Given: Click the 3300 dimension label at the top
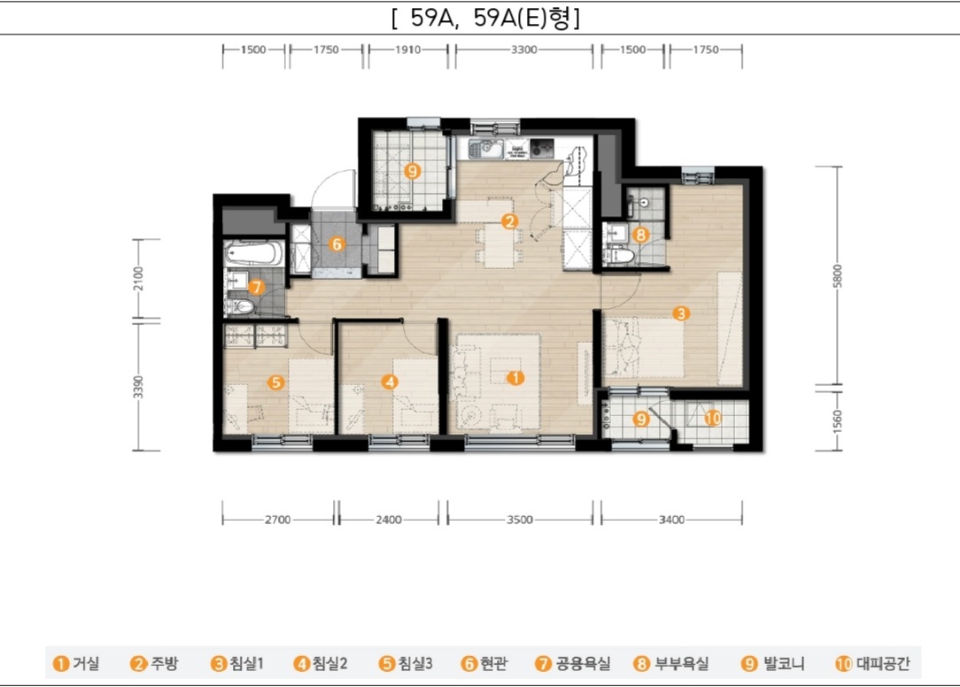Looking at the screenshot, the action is [524, 50].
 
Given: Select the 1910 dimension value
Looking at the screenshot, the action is [407, 50].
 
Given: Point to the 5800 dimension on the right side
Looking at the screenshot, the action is [838, 275].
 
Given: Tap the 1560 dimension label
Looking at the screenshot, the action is [838, 421].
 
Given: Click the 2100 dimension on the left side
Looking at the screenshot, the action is [138, 279].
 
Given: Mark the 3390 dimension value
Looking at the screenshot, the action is [138, 387].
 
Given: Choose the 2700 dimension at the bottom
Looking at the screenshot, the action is [277, 520].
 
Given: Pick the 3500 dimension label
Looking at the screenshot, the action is [519, 520].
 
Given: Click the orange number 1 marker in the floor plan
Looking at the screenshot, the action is [515, 378].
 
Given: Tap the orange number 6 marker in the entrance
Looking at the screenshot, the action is [337, 244].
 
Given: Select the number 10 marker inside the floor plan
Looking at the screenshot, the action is [713, 418].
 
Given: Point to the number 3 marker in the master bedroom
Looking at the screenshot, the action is [681, 313].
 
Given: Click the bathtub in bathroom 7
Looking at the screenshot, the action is [254, 253].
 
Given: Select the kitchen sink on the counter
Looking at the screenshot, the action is [485, 148].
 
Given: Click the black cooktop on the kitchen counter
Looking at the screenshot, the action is [542, 148].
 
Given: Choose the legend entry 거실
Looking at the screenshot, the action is [76, 663].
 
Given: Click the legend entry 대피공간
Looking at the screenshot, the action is [872, 663].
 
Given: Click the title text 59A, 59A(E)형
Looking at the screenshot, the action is [485, 18].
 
